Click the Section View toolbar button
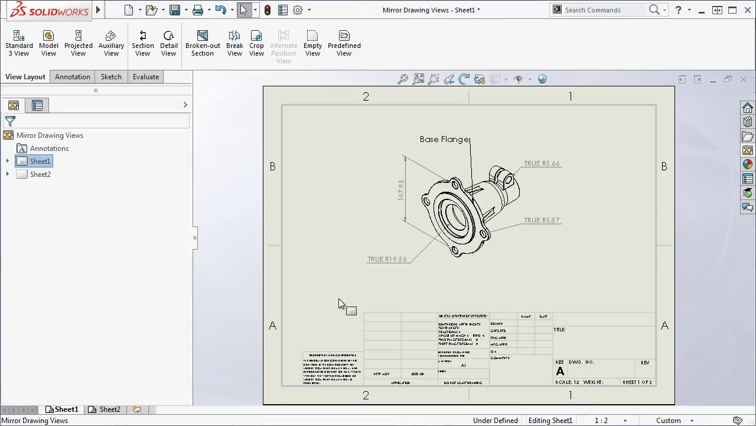click(x=142, y=44)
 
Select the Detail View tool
click(x=168, y=44)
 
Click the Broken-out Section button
click(x=203, y=44)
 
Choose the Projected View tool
click(x=78, y=44)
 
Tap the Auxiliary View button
click(x=111, y=44)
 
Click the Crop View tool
click(x=256, y=44)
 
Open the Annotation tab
click(x=73, y=77)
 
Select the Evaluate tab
click(x=145, y=77)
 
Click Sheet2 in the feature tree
click(x=40, y=175)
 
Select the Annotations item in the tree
click(x=49, y=149)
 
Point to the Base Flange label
click(x=444, y=140)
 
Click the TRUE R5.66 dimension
click(x=542, y=163)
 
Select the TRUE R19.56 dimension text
click(x=387, y=259)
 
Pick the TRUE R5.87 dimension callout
click(x=542, y=220)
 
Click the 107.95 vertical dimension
click(x=401, y=189)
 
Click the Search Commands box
click(x=602, y=10)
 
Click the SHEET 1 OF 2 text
click(x=637, y=382)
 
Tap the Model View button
click(x=48, y=44)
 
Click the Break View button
click(x=234, y=44)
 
